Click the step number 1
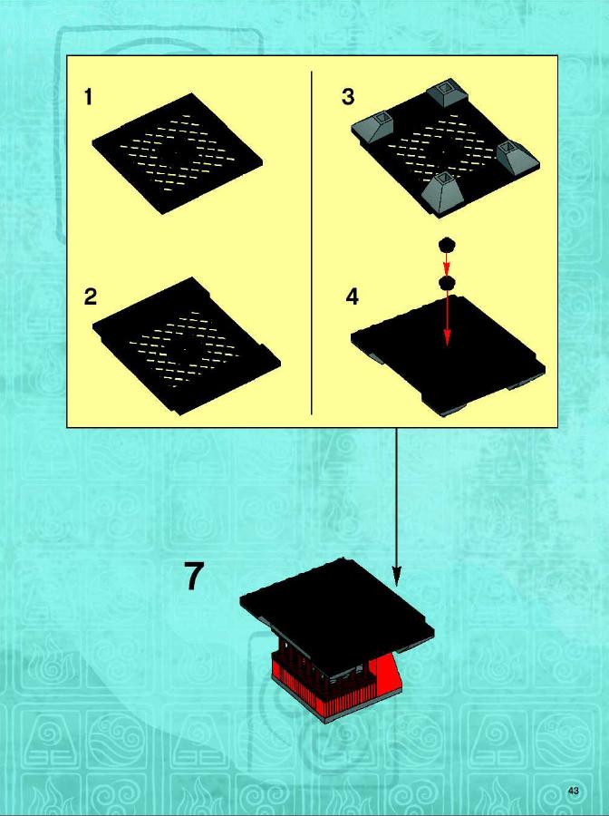pyautogui.click(x=89, y=97)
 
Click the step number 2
pyautogui.click(x=91, y=296)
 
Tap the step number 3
pyautogui.click(x=348, y=97)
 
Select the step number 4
pyautogui.click(x=353, y=296)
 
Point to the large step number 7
pyautogui.click(x=194, y=576)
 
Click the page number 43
pyautogui.click(x=573, y=791)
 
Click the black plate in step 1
pyautogui.click(x=177, y=153)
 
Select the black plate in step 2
pyautogui.click(x=186, y=345)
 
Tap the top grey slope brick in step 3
pyautogui.click(x=446, y=92)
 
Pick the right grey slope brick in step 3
pyautogui.click(x=517, y=158)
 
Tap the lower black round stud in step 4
pyautogui.click(x=447, y=283)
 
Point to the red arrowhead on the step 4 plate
pyautogui.click(x=447, y=338)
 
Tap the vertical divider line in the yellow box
pyautogui.click(x=311, y=242)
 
